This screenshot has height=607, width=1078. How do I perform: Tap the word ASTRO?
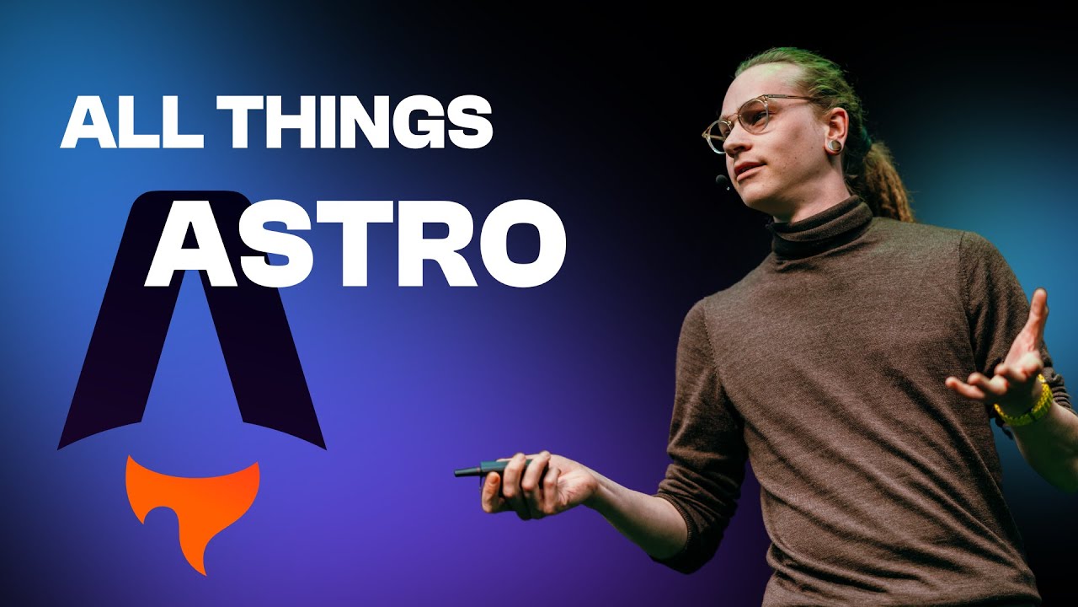356,241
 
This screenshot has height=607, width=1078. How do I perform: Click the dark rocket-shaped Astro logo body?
101,363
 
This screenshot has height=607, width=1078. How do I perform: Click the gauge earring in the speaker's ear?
833,145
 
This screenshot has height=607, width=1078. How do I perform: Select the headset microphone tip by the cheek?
722,180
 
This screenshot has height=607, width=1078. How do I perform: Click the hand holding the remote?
535,487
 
